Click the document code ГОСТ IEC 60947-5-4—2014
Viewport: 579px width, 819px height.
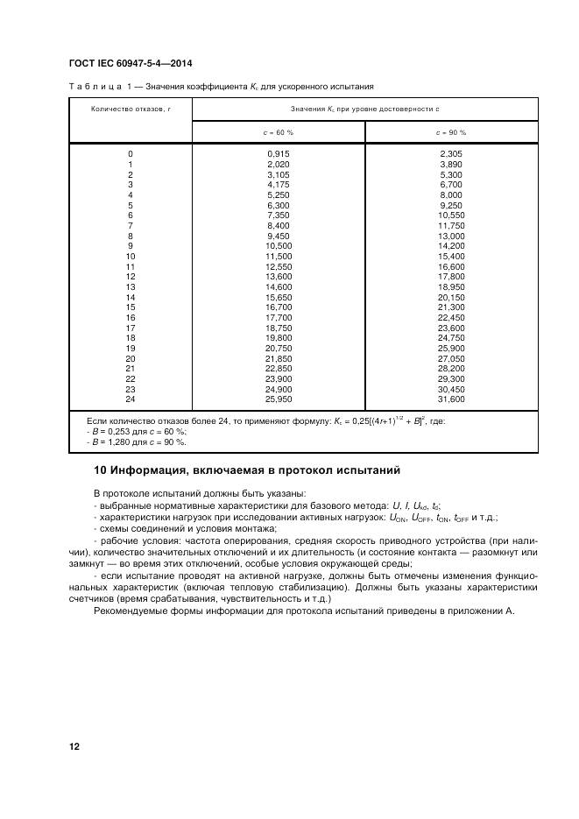(x=131, y=64)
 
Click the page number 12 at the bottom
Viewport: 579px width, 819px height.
(x=74, y=746)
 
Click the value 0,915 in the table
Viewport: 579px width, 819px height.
(x=279, y=154)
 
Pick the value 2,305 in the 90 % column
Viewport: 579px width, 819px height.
(x=451, y=154)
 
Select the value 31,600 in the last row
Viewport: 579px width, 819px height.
(x=451, y=399)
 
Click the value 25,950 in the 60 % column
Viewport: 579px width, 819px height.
(x=279, y=399)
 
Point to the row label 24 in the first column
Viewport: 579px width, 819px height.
(x=131, y=399)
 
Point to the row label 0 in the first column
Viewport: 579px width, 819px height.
(x=131, y=154)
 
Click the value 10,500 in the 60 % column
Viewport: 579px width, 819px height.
(x=279, y=246)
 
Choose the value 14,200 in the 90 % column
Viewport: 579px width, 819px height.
(x=451, y=246)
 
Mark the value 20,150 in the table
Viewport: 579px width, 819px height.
(x=451, y=297)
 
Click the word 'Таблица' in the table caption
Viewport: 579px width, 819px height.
(x=92, y=87)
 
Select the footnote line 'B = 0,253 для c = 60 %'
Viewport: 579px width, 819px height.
(x=138, y=432)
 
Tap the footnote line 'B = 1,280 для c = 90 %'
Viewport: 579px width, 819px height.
(x=138, y=441)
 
